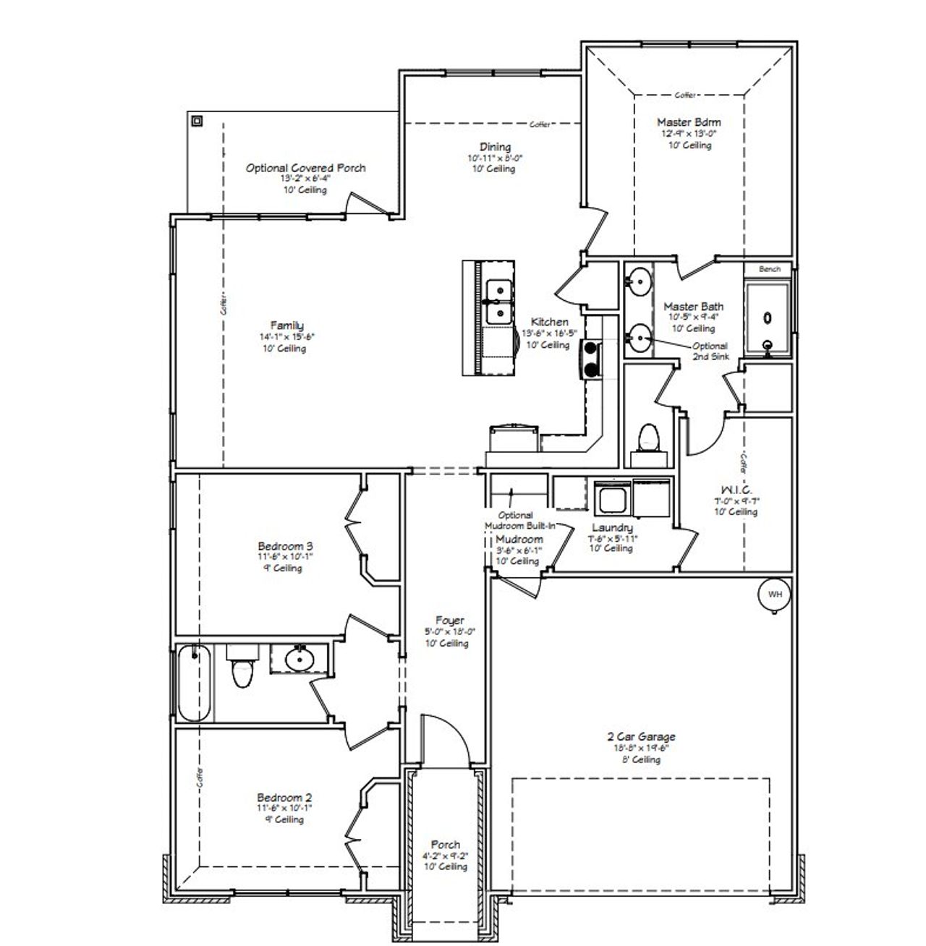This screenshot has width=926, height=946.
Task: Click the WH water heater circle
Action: (x=775, y=595)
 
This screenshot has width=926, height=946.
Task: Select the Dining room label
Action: (x=495, y=147)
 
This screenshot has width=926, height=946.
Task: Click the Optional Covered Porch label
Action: (x=305, y=168)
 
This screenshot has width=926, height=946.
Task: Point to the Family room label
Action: (x=287, y=325)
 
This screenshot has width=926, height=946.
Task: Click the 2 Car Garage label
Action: (x=641, y=737)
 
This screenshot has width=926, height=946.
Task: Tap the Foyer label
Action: (x=449, y=621)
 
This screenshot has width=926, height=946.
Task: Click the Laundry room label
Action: (x=612, y=528)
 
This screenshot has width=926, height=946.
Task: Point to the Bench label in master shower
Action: (x=770, y=269)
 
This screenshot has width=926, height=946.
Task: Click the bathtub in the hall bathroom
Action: (x=194, y=683)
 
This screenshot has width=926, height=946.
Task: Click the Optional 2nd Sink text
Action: (x=710, y=351)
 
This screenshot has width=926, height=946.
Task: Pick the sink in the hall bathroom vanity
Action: (x=298, y=659)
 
